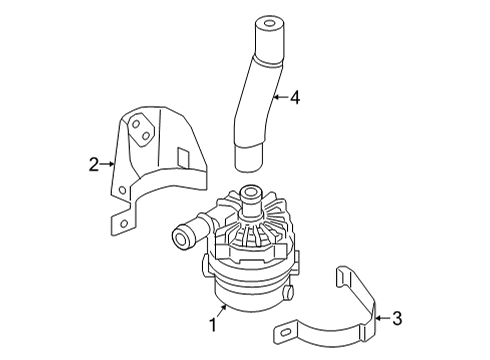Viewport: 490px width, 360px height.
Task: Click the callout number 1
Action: pyautogui.click(x=213, y=324)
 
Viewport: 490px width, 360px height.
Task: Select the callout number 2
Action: pyautogui.click(x=94, y=165)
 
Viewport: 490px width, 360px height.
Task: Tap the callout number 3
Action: pyautogui.click(x=397, y=318)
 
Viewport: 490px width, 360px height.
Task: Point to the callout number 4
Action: pyautogui.click(x=295, y=98)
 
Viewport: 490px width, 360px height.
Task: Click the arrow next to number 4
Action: pyautogui.click(x=281, y=98)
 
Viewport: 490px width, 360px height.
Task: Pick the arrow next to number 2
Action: pyautogui.click(x=107, y=164)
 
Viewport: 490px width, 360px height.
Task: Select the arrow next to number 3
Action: pyautogui.click(x=383, y=318)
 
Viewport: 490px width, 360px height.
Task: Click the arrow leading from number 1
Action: pyautogui.click(x=222, y=311)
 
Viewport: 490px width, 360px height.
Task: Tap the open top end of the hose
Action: pyautogui.click(x=270, y=23)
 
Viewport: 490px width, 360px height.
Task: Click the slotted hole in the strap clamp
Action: pyautogui.click(x=286, y=332)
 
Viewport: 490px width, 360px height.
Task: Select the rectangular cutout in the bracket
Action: pyautogui.click(x=183, y=157)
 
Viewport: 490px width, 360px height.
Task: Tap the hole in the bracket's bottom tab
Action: pyautogui.click(x=124, y=224)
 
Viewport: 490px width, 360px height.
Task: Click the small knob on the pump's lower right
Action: pyautogui.click(x=289, y=292)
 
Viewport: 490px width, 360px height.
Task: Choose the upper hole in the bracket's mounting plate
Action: pyautogui.click(x=136, y=124)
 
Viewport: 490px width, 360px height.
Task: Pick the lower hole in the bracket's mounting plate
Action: pyautogui.click(x=146, y=136)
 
